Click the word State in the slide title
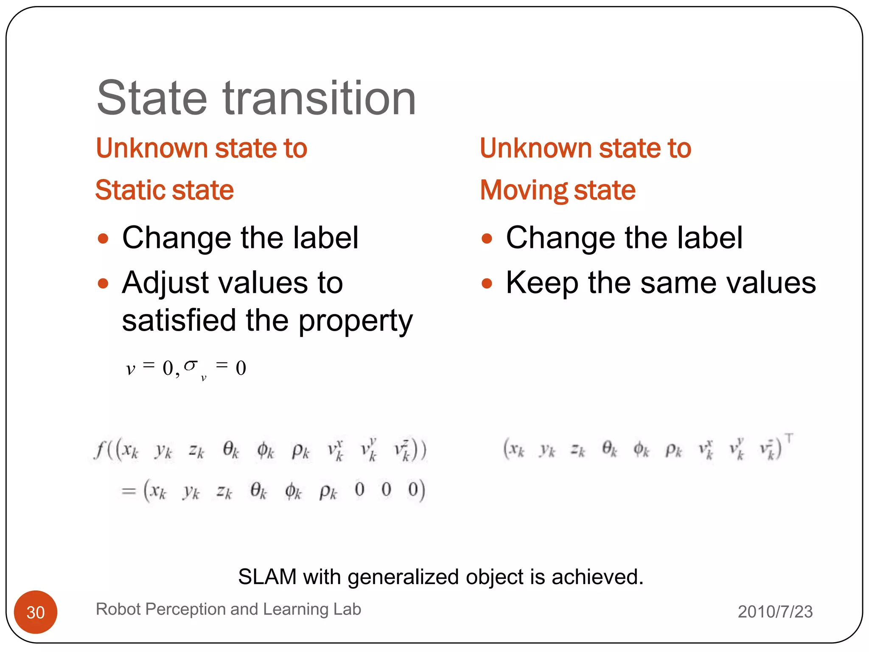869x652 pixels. [152, 98]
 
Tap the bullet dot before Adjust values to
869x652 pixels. [103, 283]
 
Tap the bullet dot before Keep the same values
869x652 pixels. [487, 283]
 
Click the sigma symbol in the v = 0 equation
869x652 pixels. [191, 365]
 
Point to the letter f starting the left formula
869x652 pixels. [100, 450]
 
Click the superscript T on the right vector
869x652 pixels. [789, 438]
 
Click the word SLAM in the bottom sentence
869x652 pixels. [267, 577]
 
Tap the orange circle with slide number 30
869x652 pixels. [36, 612]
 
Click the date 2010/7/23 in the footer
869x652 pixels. [775, 612]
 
